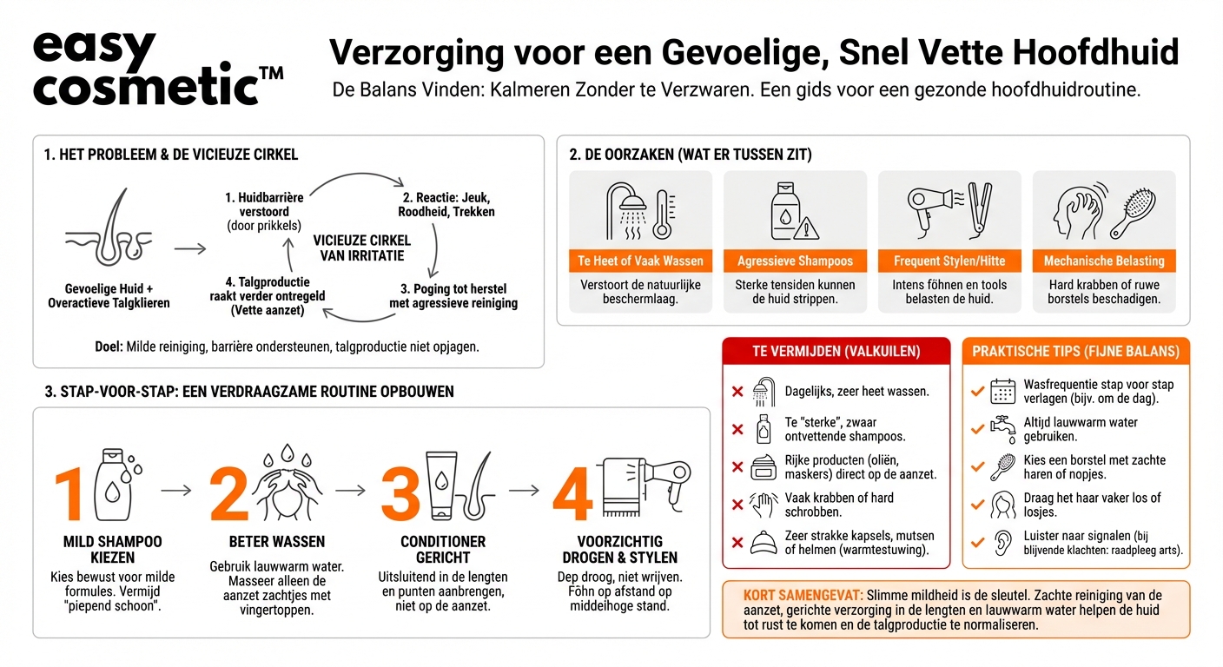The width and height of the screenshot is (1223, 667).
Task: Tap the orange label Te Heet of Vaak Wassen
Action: click(640, 261)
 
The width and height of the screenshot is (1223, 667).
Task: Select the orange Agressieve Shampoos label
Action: click(795, 261)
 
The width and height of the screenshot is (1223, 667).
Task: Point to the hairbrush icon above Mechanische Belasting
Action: click(1133, 211)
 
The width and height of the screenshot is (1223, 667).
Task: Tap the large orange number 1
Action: click(70, 495)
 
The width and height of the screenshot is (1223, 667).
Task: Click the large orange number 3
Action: click(400, 495)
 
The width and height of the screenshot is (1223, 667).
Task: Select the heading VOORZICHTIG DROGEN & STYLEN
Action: click(619, 549)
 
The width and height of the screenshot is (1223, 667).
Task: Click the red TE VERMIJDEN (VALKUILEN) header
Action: click(836, 351)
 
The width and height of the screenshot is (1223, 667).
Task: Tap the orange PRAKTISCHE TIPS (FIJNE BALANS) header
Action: click(1075, 351)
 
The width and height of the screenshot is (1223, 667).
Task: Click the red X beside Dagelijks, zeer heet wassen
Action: click(737, 392)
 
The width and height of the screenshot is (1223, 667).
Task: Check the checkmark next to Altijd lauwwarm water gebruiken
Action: click(977, 430)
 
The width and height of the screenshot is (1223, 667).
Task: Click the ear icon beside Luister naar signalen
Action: click(1003, 542)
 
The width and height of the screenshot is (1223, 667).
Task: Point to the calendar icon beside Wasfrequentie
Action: click(1003, 392)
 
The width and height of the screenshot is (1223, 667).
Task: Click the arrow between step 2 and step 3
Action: click(350, 491)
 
